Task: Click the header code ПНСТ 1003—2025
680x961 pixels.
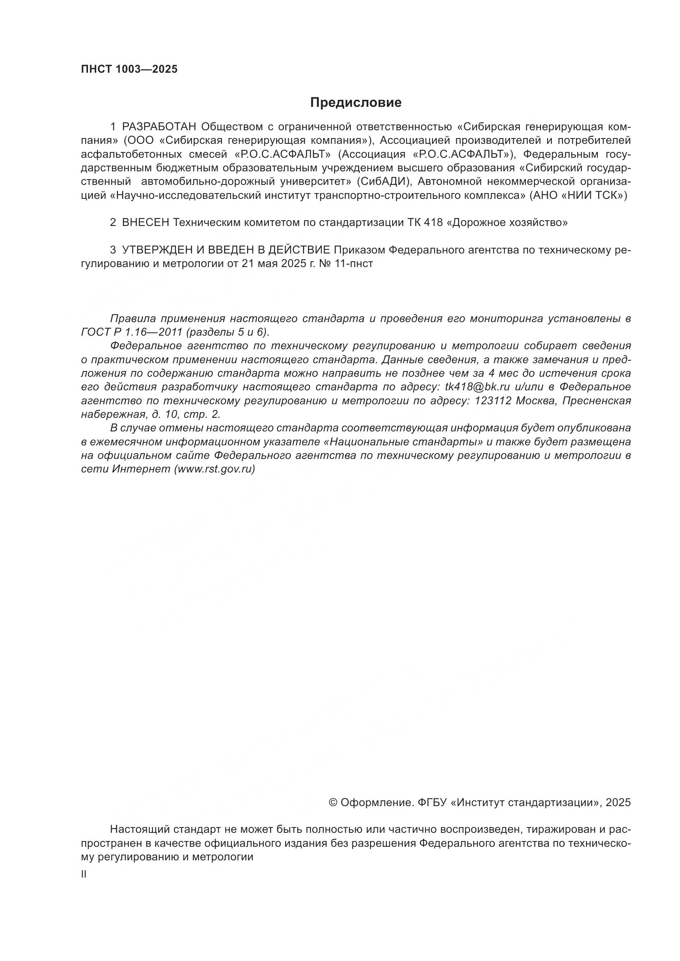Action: [x=129, y=69]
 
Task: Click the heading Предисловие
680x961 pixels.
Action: [x=356, y=103]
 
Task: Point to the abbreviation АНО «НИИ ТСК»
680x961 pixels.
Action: [x=578, y=196]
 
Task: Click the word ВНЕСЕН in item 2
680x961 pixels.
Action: [x=145, y=223]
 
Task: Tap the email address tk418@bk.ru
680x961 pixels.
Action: [x=477, y=387]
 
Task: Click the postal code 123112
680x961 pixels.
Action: [x=493, y=401]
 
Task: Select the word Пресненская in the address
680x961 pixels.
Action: [x=596, y=401]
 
